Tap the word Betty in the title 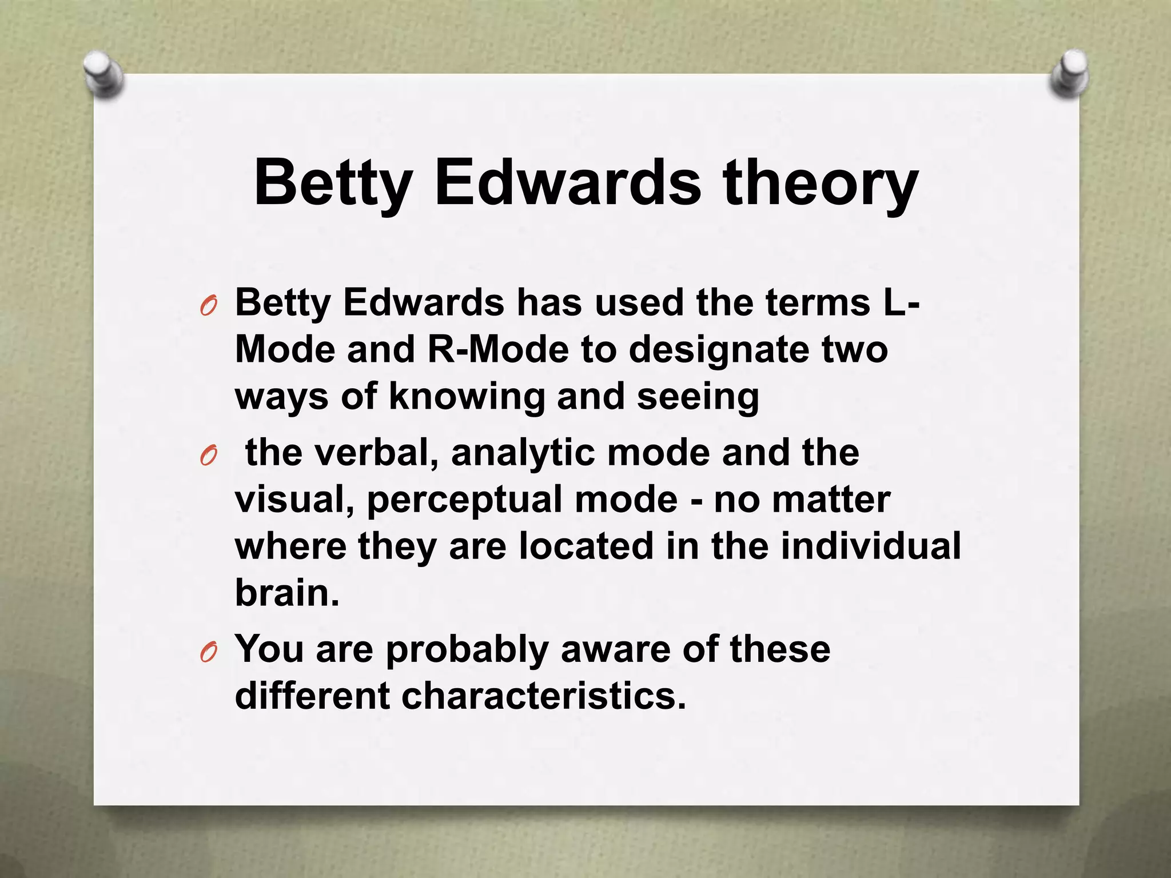pyautogui.click(x=332, y=183)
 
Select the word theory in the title pyautogui.click(x=821, y=183)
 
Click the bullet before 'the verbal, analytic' pyautogui.click(x=209, y=457)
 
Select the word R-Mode pyautogui.click(x=498, y=349)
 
